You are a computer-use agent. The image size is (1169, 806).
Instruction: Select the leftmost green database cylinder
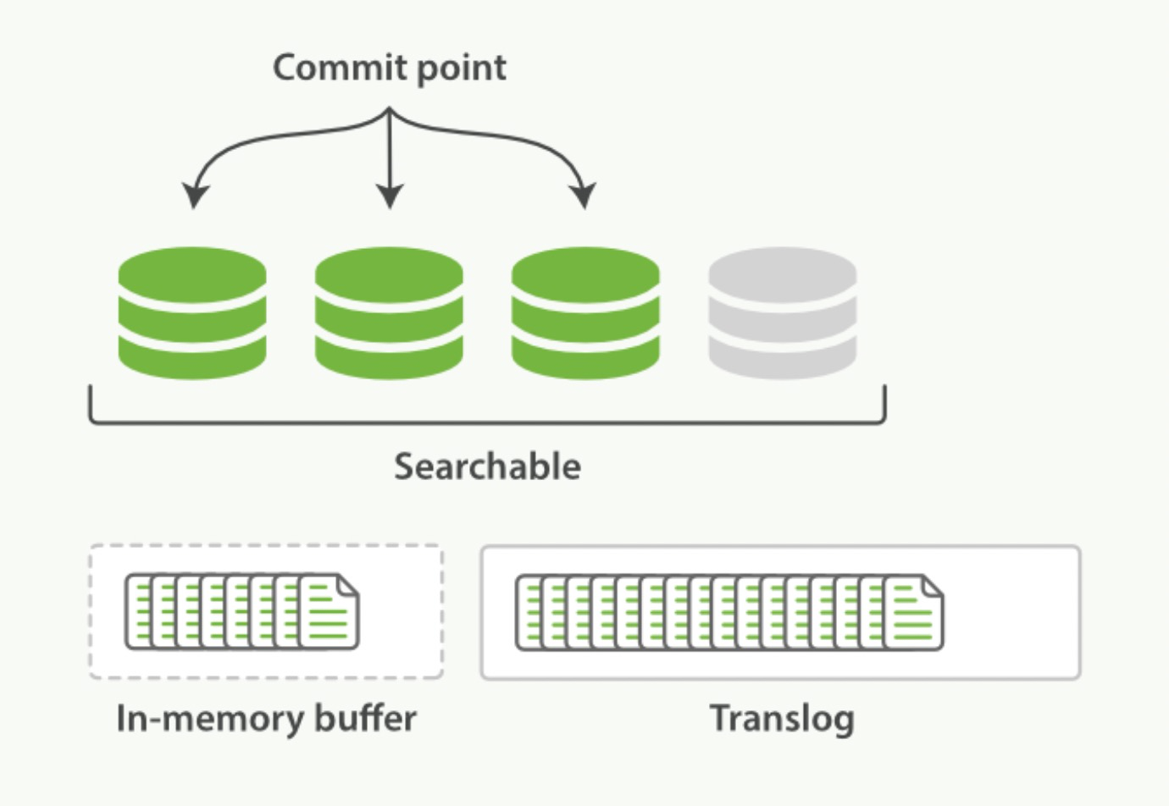pyautogui.click(x=192, y=313)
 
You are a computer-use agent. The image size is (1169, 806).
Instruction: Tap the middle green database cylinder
pyautogui.click(x=389, y=313)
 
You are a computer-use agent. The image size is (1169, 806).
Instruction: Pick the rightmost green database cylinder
pyautogui.click(x=585, y=313)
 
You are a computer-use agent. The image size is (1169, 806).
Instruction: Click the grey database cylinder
pyautogui.click(x=782, y=313)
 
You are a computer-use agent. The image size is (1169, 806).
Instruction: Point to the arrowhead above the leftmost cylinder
pyautogui.click(x=195, y=196)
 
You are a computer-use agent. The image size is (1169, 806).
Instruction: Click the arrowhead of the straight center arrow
pyautogui.click(x=389, y=196)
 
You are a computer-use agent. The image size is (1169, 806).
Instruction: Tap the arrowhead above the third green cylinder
pyautogui.click(x=584, y=196)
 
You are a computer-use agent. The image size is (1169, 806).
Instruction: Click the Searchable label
pyautogui.click(x=487, y=466)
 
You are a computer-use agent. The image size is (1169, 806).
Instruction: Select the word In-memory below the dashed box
pyautogui.click(x=210, y=719)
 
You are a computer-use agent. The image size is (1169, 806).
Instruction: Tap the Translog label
pyautogui.click(x=781, y=719)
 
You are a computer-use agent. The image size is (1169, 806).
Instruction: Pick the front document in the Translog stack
pyautogui.click(x=913, y=613)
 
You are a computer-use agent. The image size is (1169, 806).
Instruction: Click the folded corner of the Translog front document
pyautogui.click(x=932, y=587)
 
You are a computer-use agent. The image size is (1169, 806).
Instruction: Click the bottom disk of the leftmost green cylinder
pyautogui.click(x=192, y=356)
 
